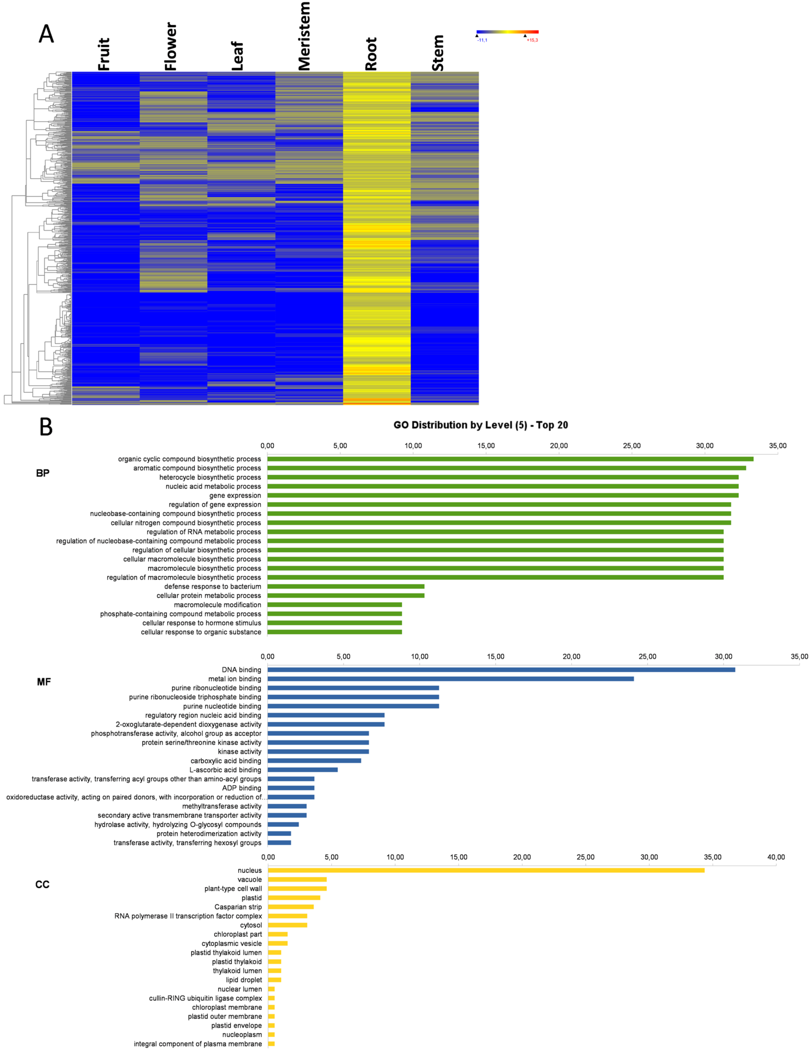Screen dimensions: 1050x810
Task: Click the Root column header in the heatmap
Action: pos(371,54)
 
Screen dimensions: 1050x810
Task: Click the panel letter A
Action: pos(46,34)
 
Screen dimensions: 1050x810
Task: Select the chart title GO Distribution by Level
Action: pos(480,425)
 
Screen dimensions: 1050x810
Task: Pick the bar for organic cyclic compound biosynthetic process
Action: pos(510,459)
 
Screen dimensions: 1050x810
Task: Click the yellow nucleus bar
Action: pos(486,870)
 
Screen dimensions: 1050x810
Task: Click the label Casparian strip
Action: pos(238,907)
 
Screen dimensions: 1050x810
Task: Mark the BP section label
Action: pos(43,473)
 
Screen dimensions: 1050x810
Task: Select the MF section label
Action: pos(44,682)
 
